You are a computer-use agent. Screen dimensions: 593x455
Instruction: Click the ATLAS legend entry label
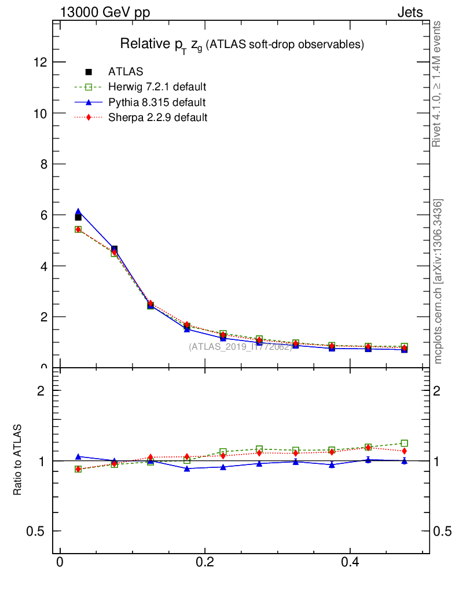coord(126,72)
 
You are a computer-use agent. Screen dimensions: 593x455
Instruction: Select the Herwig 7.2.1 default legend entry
coord(157,87)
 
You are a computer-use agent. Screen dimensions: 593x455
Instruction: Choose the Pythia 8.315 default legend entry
coord(156,103)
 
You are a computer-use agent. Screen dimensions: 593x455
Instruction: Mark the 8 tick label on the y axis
coord(43,164)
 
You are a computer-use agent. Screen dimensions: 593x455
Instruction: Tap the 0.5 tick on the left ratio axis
coord(36,532)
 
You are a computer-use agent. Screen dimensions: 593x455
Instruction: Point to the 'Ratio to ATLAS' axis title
coord(18,460)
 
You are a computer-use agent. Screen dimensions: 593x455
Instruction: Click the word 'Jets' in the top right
coord(409,13)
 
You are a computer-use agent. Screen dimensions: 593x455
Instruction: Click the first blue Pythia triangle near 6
coord(78,211)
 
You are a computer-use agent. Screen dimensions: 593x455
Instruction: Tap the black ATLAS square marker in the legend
coord(89,72)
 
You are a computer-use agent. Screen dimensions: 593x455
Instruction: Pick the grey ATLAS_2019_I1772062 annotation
coord(240,347)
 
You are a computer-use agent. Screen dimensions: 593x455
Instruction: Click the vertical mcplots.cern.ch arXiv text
coord(438,281)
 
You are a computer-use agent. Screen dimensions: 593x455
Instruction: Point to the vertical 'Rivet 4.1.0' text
coord(438,84)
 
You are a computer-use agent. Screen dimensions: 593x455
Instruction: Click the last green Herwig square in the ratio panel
coord(404,443)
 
